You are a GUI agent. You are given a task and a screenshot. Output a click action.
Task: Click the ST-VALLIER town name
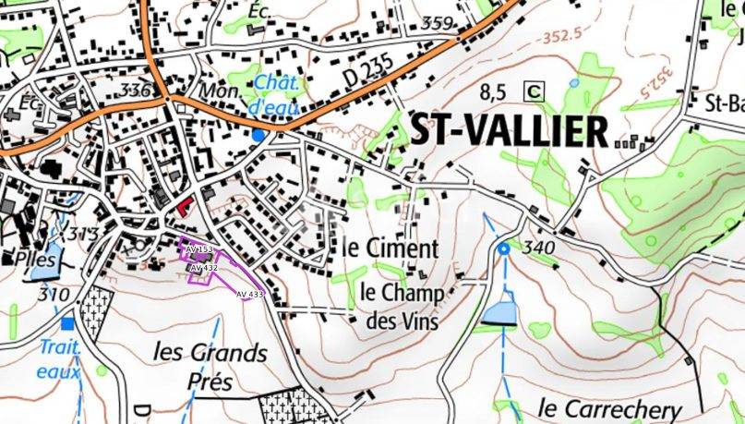point(509,132)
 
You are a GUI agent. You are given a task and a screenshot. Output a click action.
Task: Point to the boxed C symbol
point(534,91)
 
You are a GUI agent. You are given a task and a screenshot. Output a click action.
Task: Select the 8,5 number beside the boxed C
point(495,91)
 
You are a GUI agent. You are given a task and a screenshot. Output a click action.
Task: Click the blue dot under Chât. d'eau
point(258,135)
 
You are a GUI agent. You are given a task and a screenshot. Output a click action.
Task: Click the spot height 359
point(437,22)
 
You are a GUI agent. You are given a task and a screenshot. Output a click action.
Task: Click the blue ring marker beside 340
point(504,249)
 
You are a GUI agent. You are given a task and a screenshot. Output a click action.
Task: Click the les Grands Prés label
point(210,365)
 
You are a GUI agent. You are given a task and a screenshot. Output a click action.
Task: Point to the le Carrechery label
point(609,408)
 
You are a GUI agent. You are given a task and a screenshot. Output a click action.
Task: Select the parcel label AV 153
point(198,249)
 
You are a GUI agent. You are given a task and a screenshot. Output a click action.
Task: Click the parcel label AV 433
point(249,294)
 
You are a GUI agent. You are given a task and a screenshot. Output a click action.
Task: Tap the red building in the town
point(186,206)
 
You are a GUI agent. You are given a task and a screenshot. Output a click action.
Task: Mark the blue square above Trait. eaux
point(67,324)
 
